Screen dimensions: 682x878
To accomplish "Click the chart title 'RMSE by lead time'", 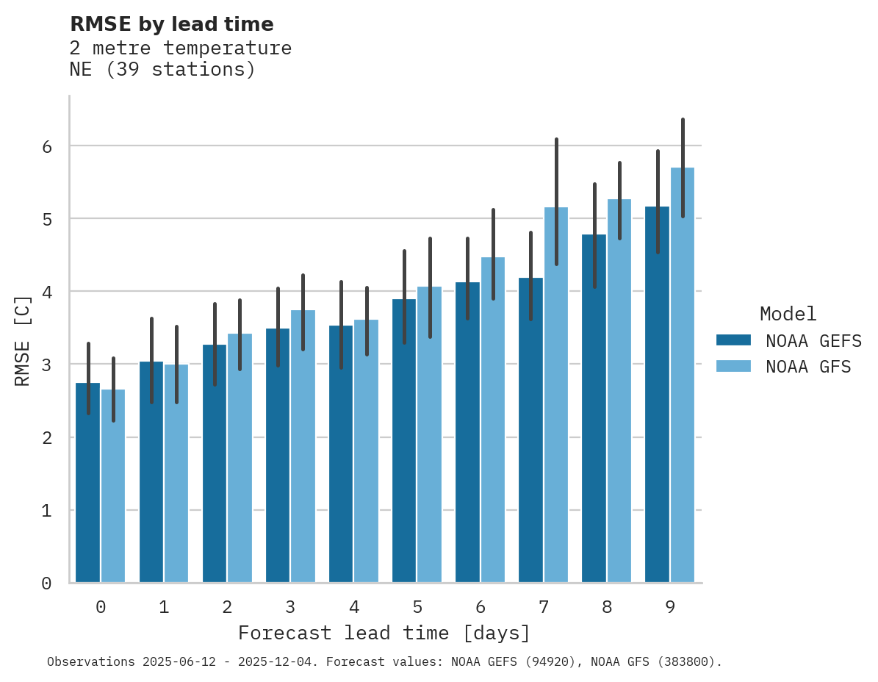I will (x=171, y=24).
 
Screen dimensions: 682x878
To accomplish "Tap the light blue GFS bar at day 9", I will (x=683, y=375).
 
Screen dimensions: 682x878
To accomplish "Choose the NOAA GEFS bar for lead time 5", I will (x=404, y=441).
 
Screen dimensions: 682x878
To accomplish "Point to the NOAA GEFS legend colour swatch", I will (x=733, y=340).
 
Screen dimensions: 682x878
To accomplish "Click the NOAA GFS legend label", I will (x=808, y=367).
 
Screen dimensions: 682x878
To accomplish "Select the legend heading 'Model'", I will (x=788, y=314).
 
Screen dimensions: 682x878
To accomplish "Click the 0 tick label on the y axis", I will (x=46, y=584).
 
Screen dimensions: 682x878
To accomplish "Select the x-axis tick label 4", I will (x=353, y=607).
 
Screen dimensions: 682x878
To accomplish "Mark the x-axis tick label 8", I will (x=607, y=607).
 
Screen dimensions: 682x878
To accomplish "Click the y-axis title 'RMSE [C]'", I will (x=23, y=340).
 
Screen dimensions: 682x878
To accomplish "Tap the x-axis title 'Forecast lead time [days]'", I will (x=384, y=633).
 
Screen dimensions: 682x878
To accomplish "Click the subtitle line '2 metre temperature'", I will (x=180, y=49).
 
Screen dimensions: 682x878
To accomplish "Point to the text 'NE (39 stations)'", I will (x=162, y=70).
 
